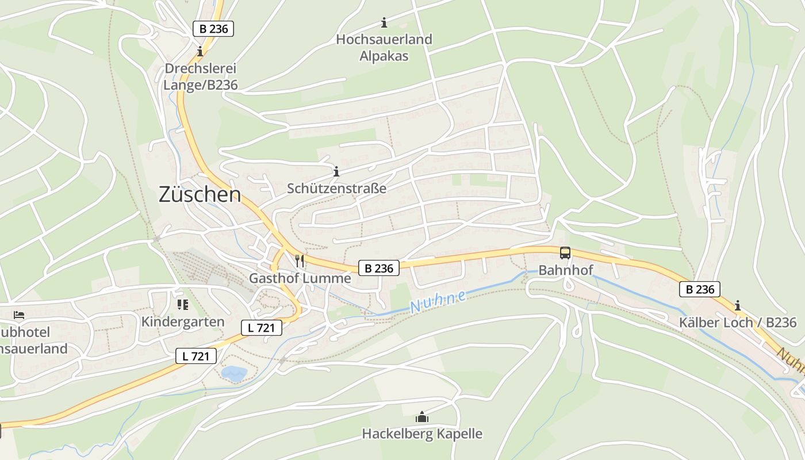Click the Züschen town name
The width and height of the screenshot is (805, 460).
(200, 194)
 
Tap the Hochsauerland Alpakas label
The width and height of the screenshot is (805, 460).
(384, 48)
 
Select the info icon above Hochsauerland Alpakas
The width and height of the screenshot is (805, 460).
(384, 23)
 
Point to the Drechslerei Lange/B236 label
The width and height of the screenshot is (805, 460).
(200, 76)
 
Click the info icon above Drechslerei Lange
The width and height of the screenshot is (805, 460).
(200, 51)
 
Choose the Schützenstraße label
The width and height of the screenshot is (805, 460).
(336, 189)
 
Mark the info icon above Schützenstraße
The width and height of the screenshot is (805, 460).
(336, 171)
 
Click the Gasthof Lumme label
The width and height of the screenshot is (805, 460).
(300, 278)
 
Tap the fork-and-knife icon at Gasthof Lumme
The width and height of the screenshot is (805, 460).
(299, 261)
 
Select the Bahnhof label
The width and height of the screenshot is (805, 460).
(565, 270)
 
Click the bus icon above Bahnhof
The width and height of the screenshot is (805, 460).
(565, 253)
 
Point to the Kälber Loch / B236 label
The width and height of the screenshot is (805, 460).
(738, 322)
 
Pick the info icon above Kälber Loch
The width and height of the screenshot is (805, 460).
(738, 305)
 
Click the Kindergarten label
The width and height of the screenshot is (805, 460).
(183, 321)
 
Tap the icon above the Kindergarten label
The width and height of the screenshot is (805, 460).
(183, 304)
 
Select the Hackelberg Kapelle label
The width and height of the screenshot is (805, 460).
(422, 434)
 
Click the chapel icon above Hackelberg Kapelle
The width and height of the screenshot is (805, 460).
(422, 416)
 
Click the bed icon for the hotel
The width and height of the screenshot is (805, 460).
(19, 315)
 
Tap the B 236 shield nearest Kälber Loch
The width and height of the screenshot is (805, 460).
(699, 289)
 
